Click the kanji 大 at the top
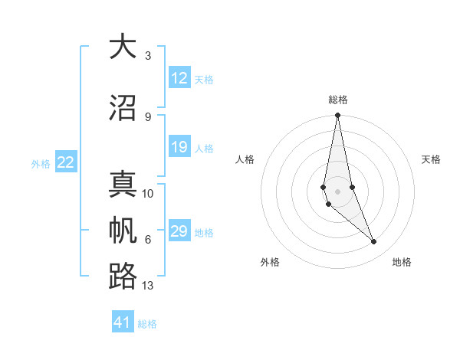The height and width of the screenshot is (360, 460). (122, 47)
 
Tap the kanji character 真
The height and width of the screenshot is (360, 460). (122, 185)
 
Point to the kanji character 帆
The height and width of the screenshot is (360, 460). (122, 231)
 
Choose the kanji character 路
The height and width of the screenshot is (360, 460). (122, 277)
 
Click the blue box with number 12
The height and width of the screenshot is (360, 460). (179, 78)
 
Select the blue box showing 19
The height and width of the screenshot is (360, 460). (179, 148)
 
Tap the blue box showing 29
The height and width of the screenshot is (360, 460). (179, 232)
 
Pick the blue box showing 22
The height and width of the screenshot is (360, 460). (66, 162)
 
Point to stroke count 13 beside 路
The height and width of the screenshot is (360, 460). (148, 286)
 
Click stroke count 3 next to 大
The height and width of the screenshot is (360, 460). (148, 56)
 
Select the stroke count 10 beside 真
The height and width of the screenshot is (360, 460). (148, 194)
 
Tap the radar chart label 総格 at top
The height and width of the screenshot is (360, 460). (338, 100)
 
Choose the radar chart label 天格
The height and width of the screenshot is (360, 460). (431, 159)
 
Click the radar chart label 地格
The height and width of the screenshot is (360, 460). (402, 262)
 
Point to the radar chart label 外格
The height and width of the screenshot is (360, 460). (270, 262)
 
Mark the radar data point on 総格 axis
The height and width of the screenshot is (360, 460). (337, 116)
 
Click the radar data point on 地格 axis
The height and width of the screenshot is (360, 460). (374, 242)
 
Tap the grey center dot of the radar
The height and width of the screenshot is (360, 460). (337, 191)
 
